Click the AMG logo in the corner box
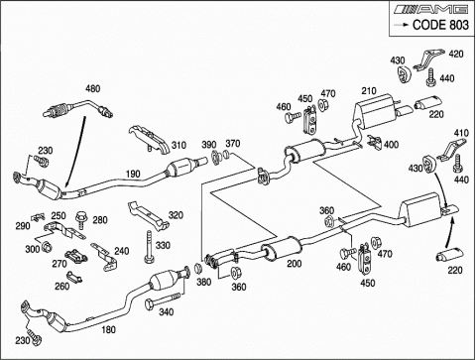pos(430,9)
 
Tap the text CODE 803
pos(440,25)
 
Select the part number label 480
pos(93,88)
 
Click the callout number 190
pos(133,174)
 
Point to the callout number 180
pos(108,329)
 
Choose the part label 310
pos(178,145)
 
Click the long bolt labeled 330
pos(149,247)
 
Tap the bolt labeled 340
pos(163,300)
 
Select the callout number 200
pos(294,263)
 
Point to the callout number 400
pos(391,145)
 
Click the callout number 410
pos(461,133)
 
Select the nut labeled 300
pos(47,246)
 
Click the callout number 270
pos(59,264)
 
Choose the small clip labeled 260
pos(74,277)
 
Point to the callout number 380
pos(203,282)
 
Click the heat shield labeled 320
pos(148,216)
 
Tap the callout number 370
pos(233,144)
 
